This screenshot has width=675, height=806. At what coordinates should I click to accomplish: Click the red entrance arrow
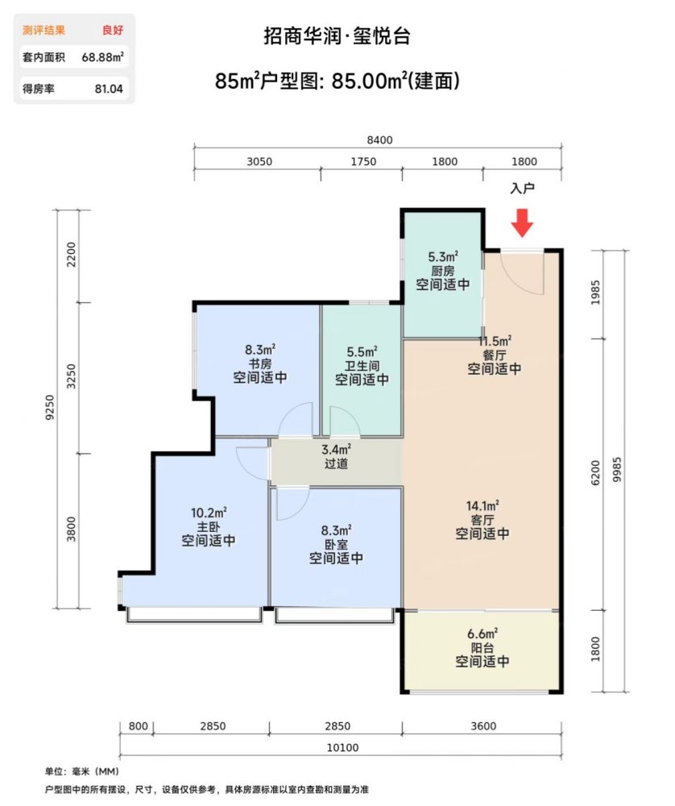pos(523,222)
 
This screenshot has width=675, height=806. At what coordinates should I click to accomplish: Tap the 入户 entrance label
pos(523,189)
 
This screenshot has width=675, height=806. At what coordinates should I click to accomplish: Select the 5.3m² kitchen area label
pos(443,256)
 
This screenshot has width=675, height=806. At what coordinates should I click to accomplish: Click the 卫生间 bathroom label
pos(362,366)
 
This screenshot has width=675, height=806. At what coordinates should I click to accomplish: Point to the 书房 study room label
pos(260,364)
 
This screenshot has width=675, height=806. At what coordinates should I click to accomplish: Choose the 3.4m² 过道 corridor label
pos(337,456)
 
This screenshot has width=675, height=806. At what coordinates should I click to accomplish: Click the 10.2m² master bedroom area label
pos(209,513)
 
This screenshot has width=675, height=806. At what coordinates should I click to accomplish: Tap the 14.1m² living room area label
pos(482,506)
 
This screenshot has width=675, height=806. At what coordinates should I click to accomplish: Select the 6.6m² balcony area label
pos(482,634)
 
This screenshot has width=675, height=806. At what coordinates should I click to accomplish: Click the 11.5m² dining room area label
pos(495,341)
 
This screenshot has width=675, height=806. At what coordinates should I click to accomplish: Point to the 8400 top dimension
pos(379,140)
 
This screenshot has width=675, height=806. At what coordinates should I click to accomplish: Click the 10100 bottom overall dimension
pos(342,747)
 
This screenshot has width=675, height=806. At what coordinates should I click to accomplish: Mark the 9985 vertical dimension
pos(617,470)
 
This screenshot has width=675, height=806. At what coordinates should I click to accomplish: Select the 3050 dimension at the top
pos(259,161)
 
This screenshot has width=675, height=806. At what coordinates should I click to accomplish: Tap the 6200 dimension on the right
pos(595,472)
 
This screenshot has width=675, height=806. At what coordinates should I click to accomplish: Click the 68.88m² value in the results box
pos(103,57)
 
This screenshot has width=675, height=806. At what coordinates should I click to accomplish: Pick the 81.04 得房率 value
pos(109,89)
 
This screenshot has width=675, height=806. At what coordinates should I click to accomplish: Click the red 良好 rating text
pos(113,30)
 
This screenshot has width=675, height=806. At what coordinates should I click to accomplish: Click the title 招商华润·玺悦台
pos(337,36)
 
